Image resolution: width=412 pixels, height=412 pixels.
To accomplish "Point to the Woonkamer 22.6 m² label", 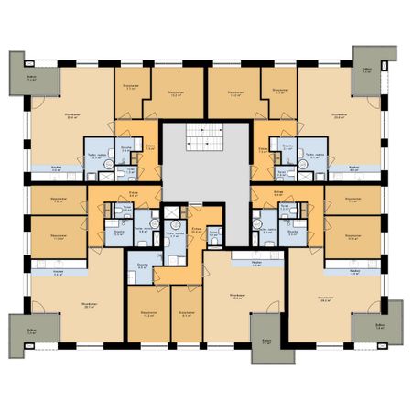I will click(x=236, y=297).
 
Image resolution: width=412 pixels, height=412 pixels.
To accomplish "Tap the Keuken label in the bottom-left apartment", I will click(x=59, y=274).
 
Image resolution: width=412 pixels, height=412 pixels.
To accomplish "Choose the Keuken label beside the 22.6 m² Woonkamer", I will click(x=255, y=263).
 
